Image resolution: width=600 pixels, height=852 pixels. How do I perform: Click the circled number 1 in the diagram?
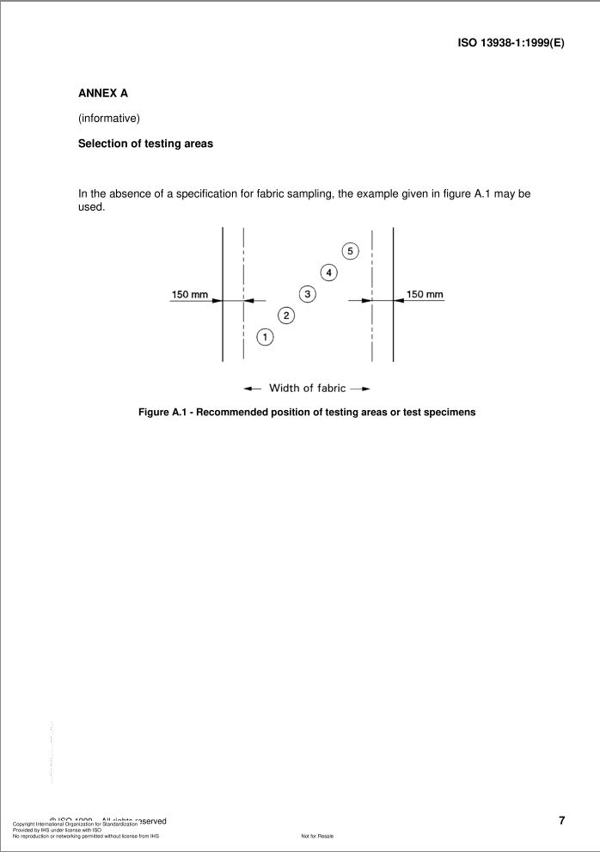[x=266, y=337]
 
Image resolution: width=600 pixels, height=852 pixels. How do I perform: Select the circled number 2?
[x=287, y=316]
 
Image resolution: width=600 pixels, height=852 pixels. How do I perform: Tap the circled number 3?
[x=308, y=294]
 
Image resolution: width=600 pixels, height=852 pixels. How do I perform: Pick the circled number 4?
[x=328, y=273]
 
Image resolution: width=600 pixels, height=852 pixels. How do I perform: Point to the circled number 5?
[x=350, y=251]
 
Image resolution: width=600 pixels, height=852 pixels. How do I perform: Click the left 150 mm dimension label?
[x=190, y=295]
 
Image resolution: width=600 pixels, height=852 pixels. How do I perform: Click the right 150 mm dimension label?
[x=425, y=295]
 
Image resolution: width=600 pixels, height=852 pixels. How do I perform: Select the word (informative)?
[x=108, y=119]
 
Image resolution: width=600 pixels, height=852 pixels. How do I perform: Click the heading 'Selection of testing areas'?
[x=145, y=144]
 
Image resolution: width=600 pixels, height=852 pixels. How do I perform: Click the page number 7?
[x=561, y=820]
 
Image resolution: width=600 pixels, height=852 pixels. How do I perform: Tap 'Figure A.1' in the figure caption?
[x=167, y=412]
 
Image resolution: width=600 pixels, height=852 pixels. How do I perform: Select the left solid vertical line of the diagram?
[x=223, y=294]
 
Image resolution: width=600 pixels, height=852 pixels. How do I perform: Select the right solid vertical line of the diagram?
[x=394, y=294]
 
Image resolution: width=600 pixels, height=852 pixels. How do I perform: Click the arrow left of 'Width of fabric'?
[x=250, y=389]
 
